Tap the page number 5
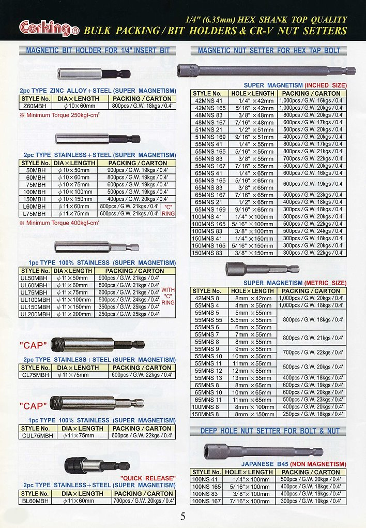pos(183,516)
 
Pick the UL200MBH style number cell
pos(36,314)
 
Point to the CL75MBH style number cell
pos(36,374)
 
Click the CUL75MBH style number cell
pos(36,435)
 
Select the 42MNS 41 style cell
pos(209,100)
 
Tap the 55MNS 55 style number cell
pos(209,320)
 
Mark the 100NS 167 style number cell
pos(207,501)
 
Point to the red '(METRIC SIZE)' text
pos(325,283)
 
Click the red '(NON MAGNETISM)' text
pos(318,464)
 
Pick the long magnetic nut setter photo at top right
pos(265,70)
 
